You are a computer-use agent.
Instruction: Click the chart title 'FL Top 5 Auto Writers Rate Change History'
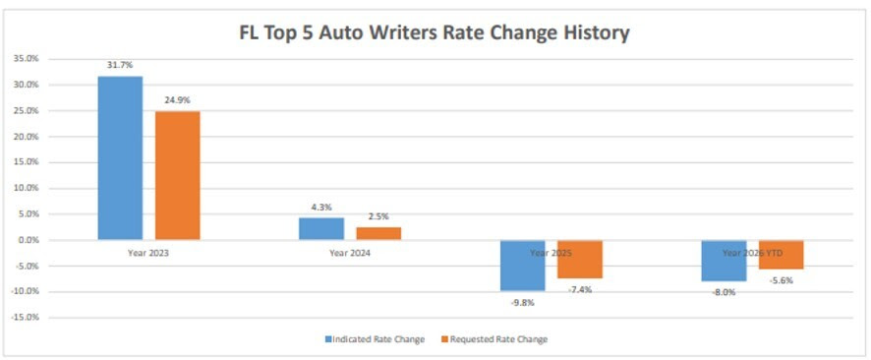(435, 32)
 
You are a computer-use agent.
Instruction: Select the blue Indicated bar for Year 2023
(120, 157)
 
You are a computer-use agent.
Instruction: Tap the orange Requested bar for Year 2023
(177, 175)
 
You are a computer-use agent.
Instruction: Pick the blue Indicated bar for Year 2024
(321, 228)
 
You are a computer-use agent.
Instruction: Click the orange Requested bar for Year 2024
(378, 233)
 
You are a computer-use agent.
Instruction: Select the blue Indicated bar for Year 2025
(523, 266)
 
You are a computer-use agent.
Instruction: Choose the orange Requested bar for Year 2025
(580, 260)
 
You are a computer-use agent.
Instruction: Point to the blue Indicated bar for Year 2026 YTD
(724, 261)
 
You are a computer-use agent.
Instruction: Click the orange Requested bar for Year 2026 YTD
(781, 255)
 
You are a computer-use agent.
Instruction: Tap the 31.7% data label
(120, 66)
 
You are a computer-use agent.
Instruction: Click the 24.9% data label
(177, 100)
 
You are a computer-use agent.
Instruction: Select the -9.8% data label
(522, 302)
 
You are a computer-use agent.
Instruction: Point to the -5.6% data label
(781, 279)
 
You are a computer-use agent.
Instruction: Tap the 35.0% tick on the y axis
(26, 59)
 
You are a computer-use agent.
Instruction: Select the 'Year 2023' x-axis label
(148, 253)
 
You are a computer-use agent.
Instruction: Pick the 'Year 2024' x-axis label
(350, 253)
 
